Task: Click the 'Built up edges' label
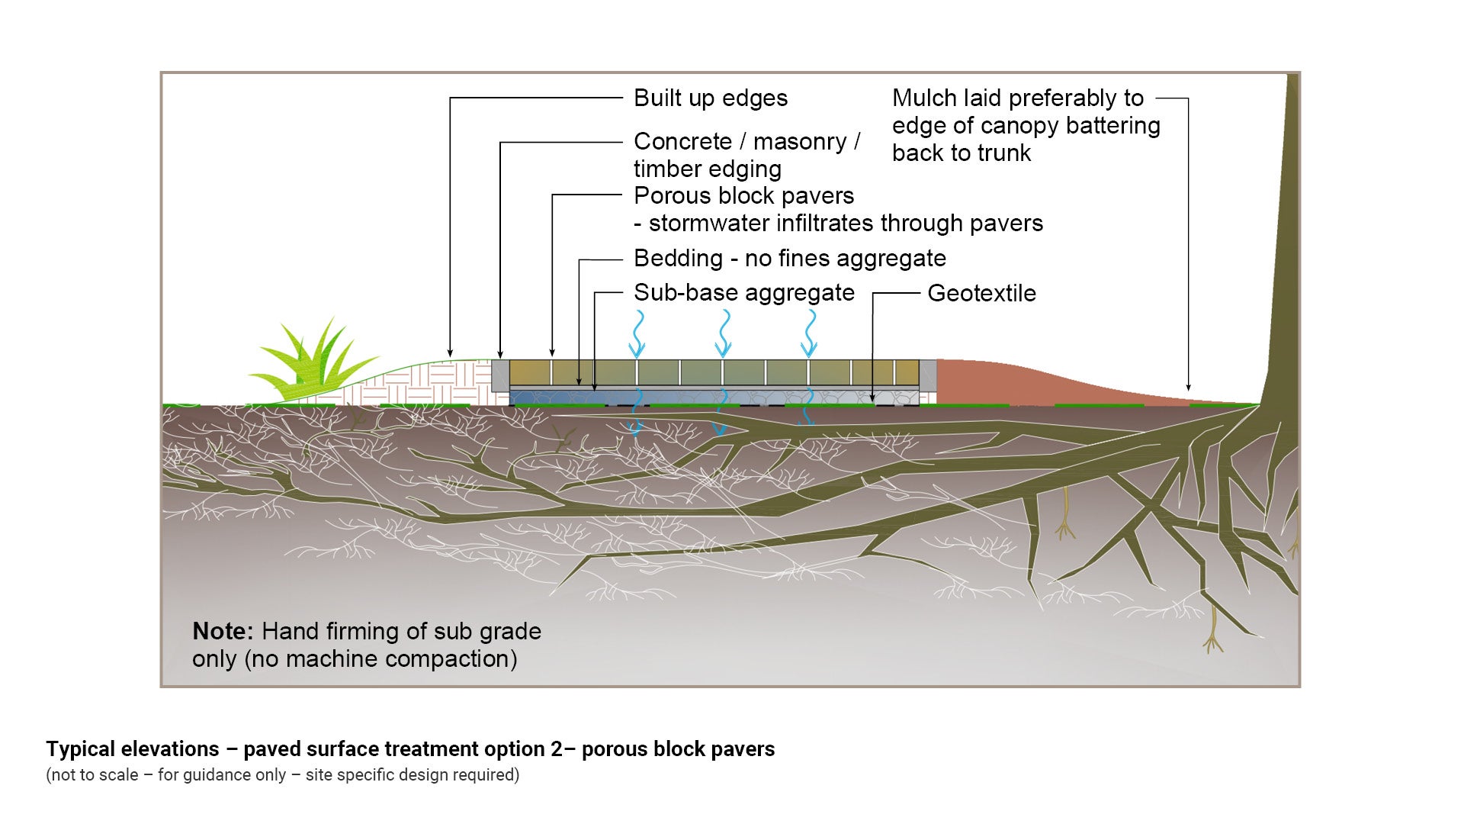click(710, 98)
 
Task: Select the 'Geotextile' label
click(981, 294)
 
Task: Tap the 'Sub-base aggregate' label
click(743, 293)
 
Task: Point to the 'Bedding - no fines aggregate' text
click(789, 259)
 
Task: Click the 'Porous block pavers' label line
click(743, 196)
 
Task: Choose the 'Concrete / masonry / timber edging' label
click(746, 155)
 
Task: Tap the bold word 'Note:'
click(222, 632)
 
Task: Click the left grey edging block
click(500, 375)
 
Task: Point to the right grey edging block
click(928, 377)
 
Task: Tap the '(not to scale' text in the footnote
click(91, 775)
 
